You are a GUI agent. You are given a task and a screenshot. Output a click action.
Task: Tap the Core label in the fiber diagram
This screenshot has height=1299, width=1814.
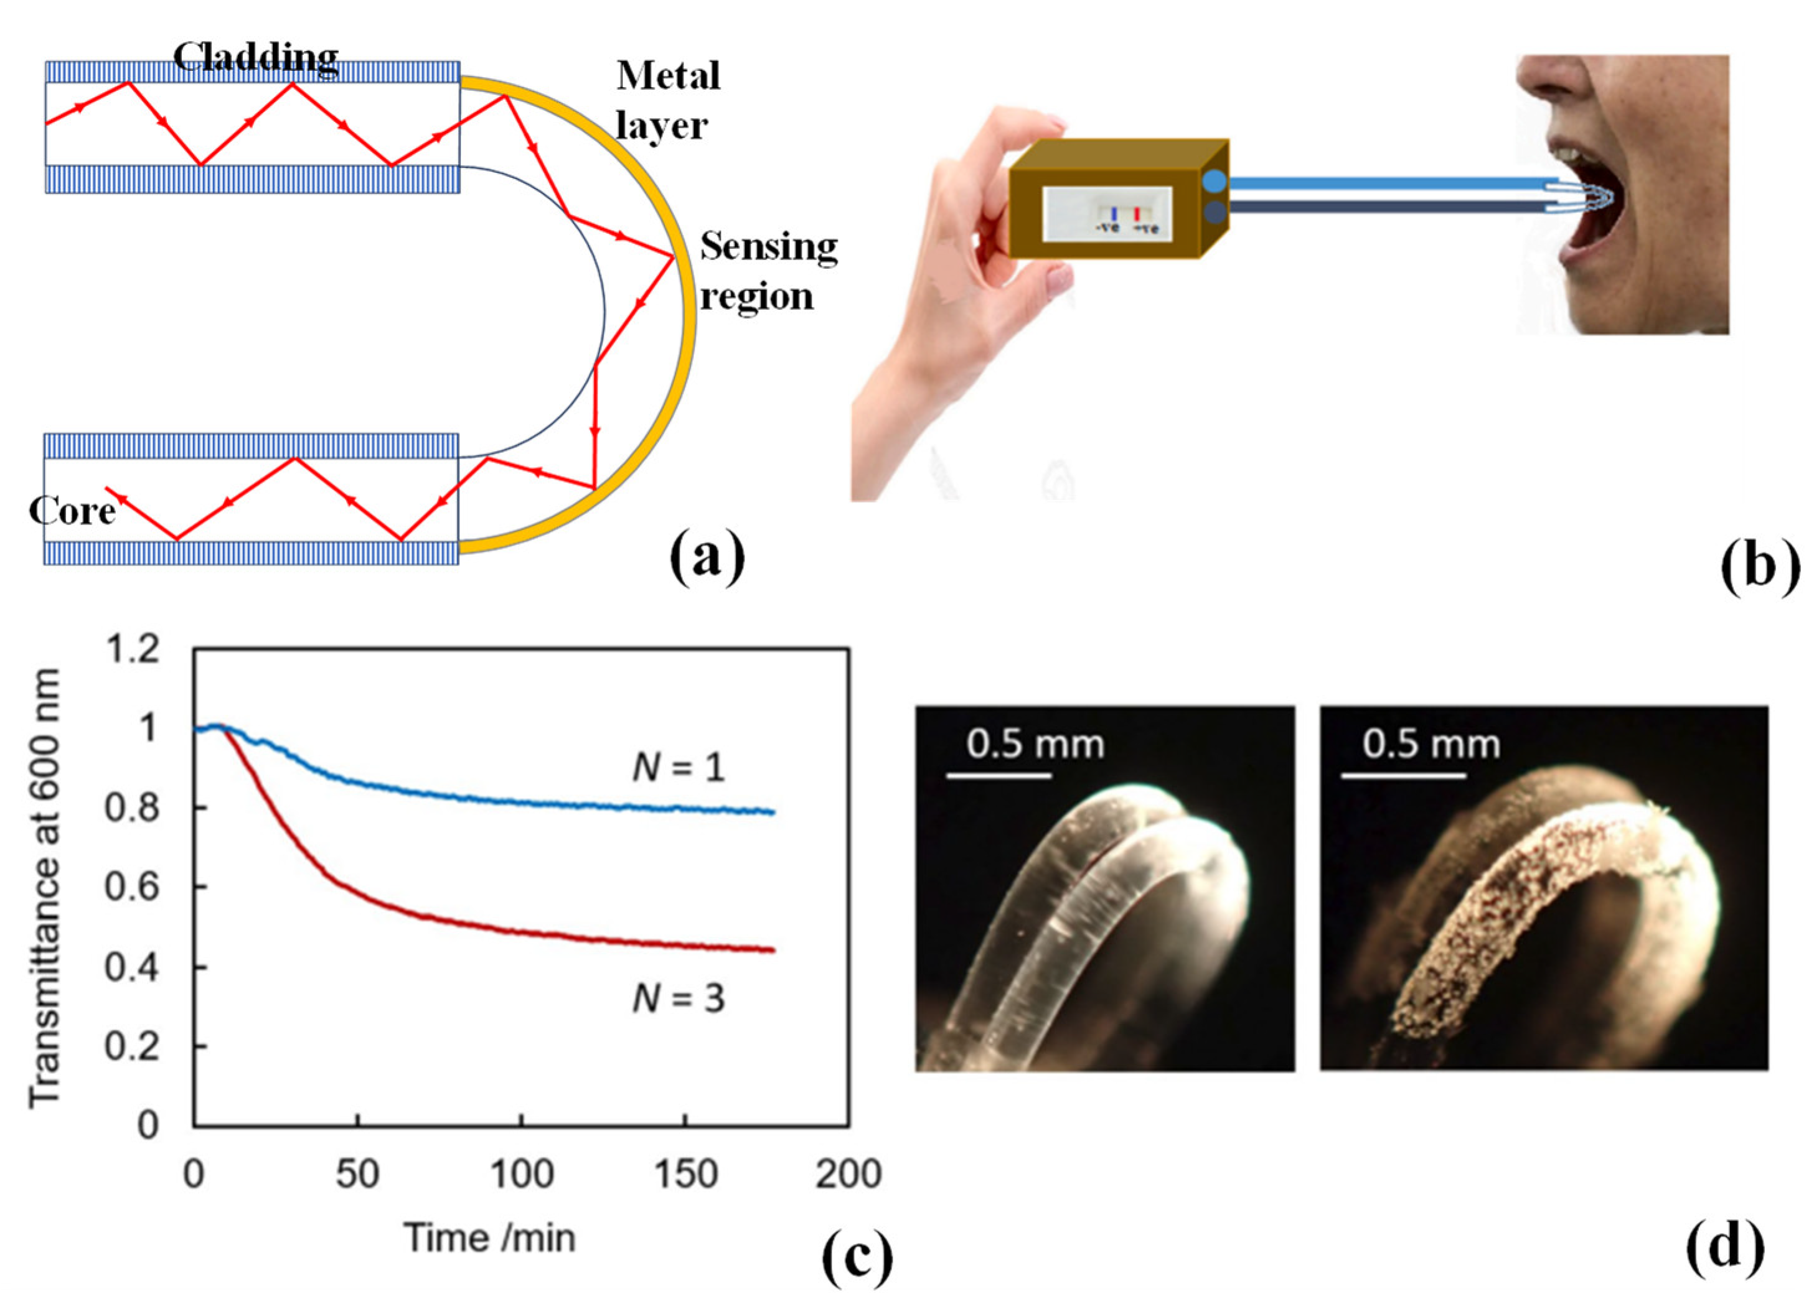[72, 510]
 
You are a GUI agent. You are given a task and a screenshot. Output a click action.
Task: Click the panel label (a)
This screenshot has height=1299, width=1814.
[707, 559]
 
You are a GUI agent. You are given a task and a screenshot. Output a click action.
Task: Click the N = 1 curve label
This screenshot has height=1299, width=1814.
[679, 768]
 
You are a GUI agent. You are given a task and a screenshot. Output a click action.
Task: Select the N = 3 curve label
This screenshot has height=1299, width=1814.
[679, 999]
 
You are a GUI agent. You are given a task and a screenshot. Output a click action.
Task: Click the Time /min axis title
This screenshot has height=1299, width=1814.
[489, 1238]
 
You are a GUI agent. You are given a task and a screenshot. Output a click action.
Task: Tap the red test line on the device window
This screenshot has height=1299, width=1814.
[1137, 214]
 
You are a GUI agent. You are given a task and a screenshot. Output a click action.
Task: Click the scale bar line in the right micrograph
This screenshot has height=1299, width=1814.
[1403, 775]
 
